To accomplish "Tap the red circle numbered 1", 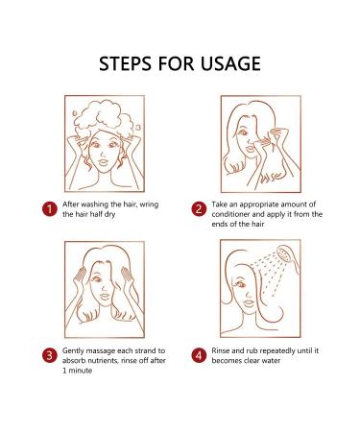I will click(x=49, y=209).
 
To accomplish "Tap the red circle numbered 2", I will click(x=199, y=209).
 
